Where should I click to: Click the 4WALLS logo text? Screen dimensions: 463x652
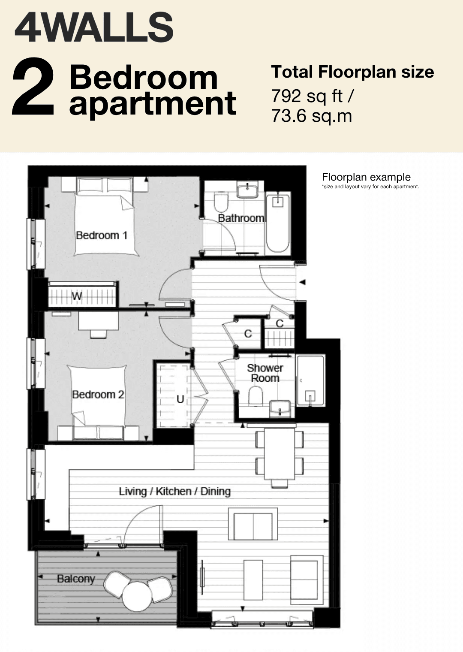(x=94, y=27)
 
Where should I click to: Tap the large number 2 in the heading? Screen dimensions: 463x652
(x=33, y=86)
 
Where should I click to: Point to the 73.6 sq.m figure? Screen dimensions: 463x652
(x=312, y=116)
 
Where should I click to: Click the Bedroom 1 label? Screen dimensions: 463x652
(x=102, y=235)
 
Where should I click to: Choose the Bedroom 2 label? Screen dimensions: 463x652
(x=98, y=394)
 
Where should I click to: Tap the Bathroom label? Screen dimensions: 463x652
(x=241, y=218)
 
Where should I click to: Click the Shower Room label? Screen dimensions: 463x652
(x=265, y=373)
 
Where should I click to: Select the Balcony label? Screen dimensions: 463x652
(x=76, y=579)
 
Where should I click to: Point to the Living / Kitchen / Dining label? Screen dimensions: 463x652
(x=175, y=491)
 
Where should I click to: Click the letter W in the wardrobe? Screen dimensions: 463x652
(x=77, y=296)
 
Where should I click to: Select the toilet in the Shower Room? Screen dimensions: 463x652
(x=256, y=395)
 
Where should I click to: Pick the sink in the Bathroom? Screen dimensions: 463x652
(x=247, y=190)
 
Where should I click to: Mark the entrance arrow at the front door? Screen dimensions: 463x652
(x=303, y=282)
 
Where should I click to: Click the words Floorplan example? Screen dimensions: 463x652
(x=366, y=177)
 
